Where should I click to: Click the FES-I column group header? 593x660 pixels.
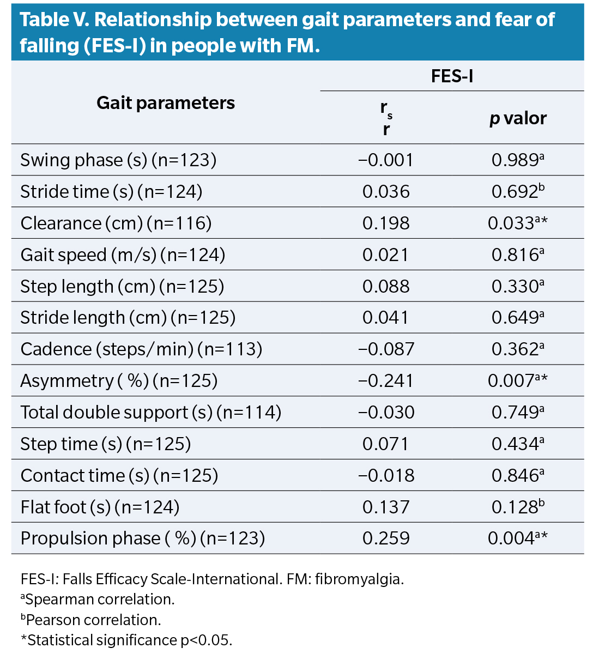[x=452, y=76]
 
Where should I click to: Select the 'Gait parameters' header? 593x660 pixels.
[x=166, y=103]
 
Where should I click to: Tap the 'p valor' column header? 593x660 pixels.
[x=517, y=118]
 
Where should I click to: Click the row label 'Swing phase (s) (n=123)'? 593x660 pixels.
[x=118, y=160]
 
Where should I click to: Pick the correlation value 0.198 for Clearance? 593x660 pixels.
[x=386, y=223]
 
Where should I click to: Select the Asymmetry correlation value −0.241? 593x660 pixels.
[x=386, y=381]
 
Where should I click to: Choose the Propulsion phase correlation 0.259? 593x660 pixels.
[x=386, y=538]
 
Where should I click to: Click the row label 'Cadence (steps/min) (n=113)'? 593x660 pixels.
[x=141, y=349]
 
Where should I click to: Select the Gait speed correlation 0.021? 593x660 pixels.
[x=386, y=255]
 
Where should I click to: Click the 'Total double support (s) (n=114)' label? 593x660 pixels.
[x=151, y=413]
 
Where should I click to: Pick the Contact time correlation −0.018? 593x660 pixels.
[x=386, y=476]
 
